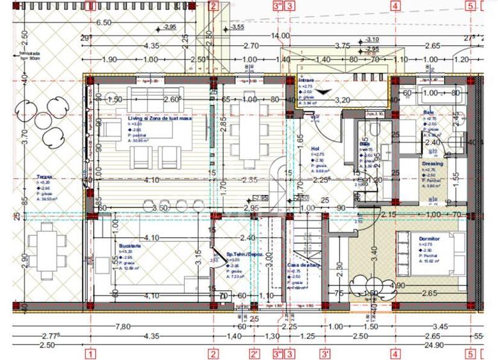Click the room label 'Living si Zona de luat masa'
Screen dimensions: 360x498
click(151, 119)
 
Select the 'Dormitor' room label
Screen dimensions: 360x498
click(430, 239)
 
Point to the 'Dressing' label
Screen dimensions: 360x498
click(432, 163)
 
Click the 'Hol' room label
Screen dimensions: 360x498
click(315, 148)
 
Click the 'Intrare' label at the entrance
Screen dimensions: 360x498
click(306, 81)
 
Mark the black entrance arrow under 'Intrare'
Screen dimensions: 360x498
click(327, 91)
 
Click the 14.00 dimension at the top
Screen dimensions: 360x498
click(279, 35)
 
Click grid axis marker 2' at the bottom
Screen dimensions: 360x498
click(254, 353)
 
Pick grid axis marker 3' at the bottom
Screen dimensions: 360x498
click(325, 353)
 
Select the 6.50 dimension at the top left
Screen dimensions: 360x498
click(104, 22)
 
